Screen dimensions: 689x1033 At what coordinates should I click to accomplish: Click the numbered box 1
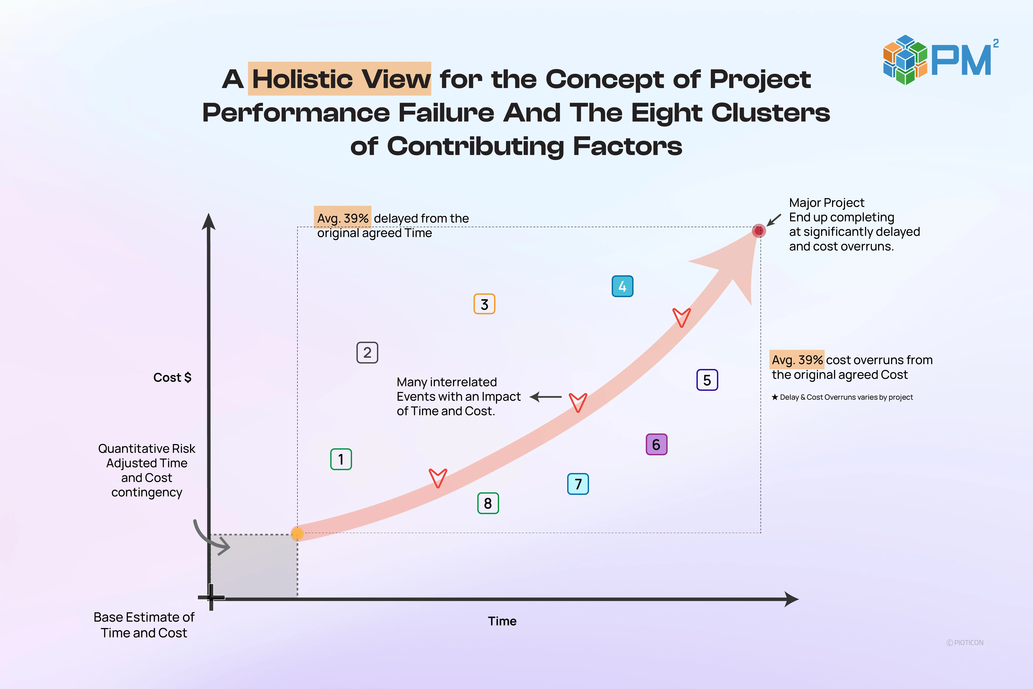pos(341,459)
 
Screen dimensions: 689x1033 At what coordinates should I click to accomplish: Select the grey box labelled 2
pos(367,352)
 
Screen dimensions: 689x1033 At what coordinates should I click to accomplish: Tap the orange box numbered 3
pos(484,304)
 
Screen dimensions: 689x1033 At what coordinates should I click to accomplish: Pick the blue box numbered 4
pos(622,286)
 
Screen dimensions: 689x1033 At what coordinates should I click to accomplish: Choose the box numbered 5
pos(707,380)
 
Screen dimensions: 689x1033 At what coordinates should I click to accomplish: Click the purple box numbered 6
pos(656,444)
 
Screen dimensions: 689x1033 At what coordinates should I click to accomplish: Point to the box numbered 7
pos(578,484)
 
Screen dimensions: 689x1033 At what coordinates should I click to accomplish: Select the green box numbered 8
pos(488,503)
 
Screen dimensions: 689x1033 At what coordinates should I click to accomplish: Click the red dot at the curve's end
pos(758,231)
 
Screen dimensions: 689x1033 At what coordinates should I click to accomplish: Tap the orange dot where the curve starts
pos(297,533)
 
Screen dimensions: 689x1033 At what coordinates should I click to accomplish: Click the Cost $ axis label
pos(172,377)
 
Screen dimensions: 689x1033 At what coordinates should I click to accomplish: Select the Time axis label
pos(502,621)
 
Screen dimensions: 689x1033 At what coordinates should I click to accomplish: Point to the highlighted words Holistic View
pos(340,79)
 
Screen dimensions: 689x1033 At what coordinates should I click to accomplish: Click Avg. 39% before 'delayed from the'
pos(342,218)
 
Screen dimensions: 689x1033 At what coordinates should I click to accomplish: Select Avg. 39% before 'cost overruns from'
pos(797,360)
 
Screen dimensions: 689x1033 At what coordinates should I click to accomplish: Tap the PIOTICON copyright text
pos(965,643)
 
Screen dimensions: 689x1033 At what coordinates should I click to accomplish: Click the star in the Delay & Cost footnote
pos(775,397)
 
